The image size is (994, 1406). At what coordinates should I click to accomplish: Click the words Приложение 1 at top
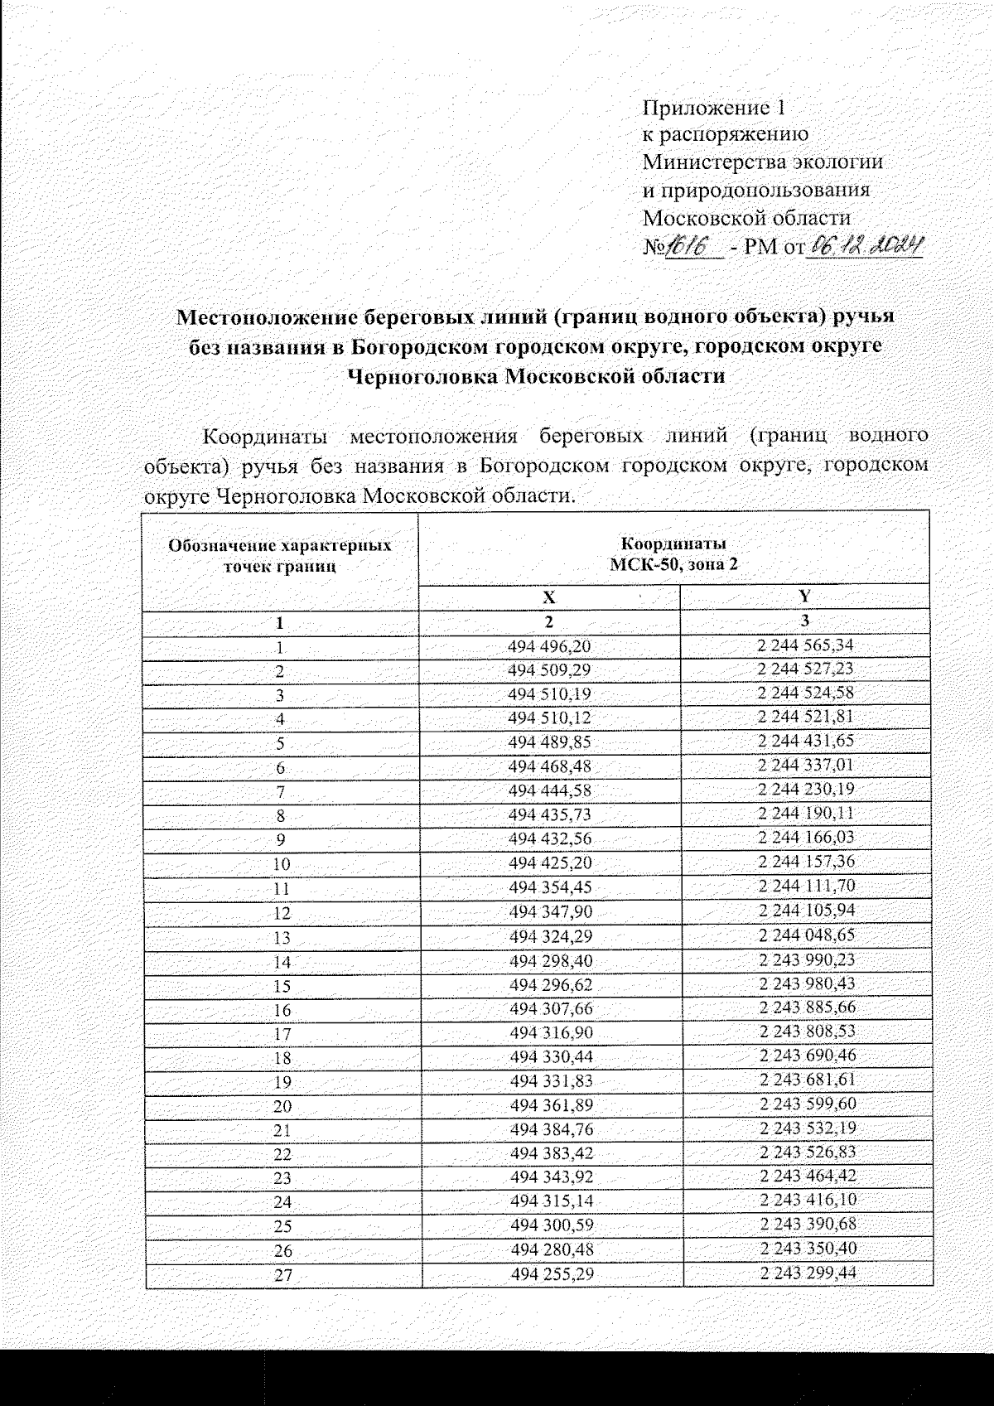pos(713,108)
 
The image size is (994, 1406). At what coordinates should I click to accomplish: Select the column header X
pos(549,597)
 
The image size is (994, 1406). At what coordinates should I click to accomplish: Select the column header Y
pos(805,597)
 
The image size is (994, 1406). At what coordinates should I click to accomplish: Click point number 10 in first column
pos(282,864)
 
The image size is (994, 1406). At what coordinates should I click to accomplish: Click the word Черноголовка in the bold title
pos(421,376)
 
